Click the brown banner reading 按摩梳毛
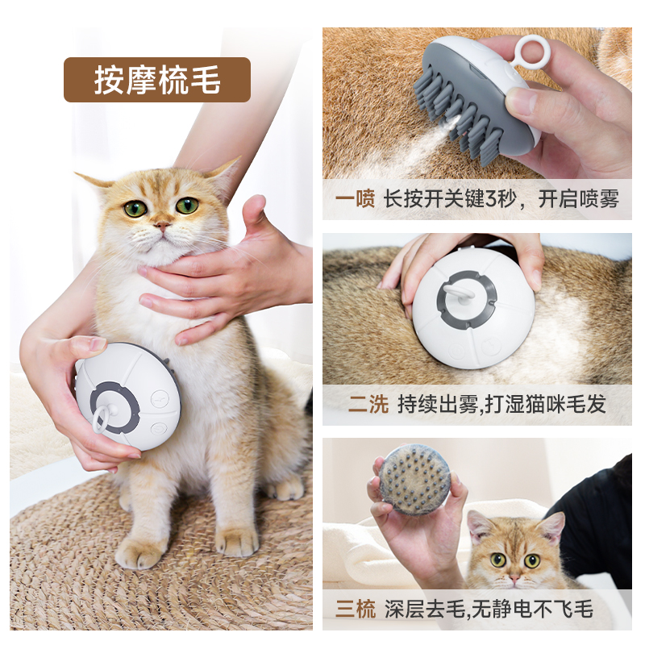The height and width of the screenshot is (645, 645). pos(157,80)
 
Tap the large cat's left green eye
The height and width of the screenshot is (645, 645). pos(135,208)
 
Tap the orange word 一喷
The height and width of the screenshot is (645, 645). pos(355,199)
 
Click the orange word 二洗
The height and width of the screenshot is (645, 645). pos(368,404)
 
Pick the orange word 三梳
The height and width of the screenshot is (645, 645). pos(356,609)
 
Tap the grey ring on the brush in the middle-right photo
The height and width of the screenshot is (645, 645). pos(467,299)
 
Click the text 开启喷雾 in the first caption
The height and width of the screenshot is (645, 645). pos(579,199)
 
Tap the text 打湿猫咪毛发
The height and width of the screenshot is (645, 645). pos(546,404)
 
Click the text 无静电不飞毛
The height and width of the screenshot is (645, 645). pos(532,609)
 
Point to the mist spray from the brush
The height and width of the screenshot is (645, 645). pos(415,144)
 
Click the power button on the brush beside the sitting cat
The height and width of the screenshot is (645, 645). pos(157,429)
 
